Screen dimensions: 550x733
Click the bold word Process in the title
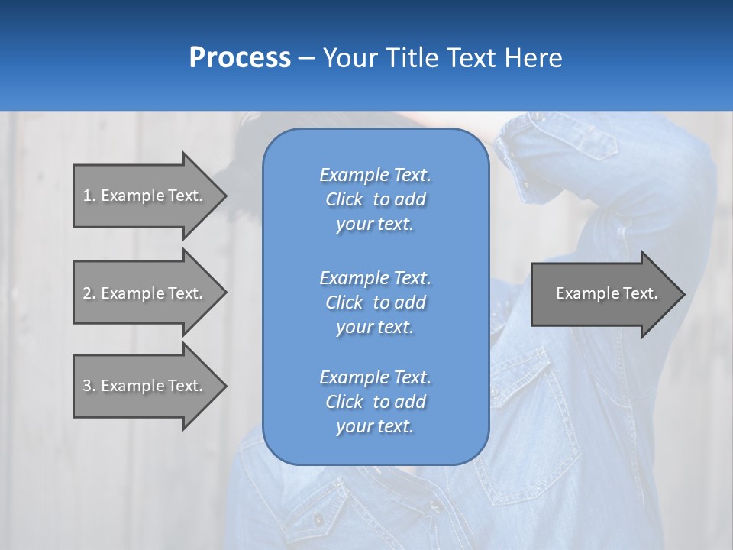(240, 58)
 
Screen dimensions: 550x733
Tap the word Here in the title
(532, 58)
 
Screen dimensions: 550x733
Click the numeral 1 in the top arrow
(87, 196)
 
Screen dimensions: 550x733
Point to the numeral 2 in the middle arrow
(87, 293)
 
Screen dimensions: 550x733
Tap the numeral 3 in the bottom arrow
(87, 386)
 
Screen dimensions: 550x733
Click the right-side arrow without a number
(603, 293)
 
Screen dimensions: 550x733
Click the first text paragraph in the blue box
(375, 199)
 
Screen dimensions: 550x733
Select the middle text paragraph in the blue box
(375, 302)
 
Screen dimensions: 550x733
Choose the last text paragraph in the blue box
(375, 402)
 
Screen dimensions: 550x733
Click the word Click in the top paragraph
(344, 199)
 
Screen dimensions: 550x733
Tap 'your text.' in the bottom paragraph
(375, 426)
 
